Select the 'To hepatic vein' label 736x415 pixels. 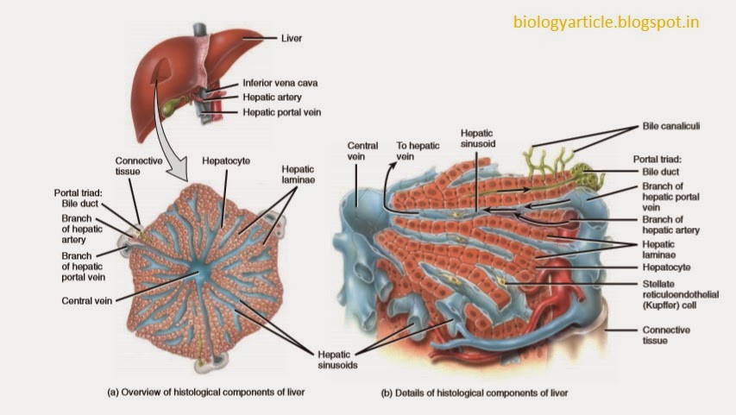coord(412,151)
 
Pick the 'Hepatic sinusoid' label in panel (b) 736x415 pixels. coord(477,141)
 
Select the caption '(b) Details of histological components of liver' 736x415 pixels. coord(475,393)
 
